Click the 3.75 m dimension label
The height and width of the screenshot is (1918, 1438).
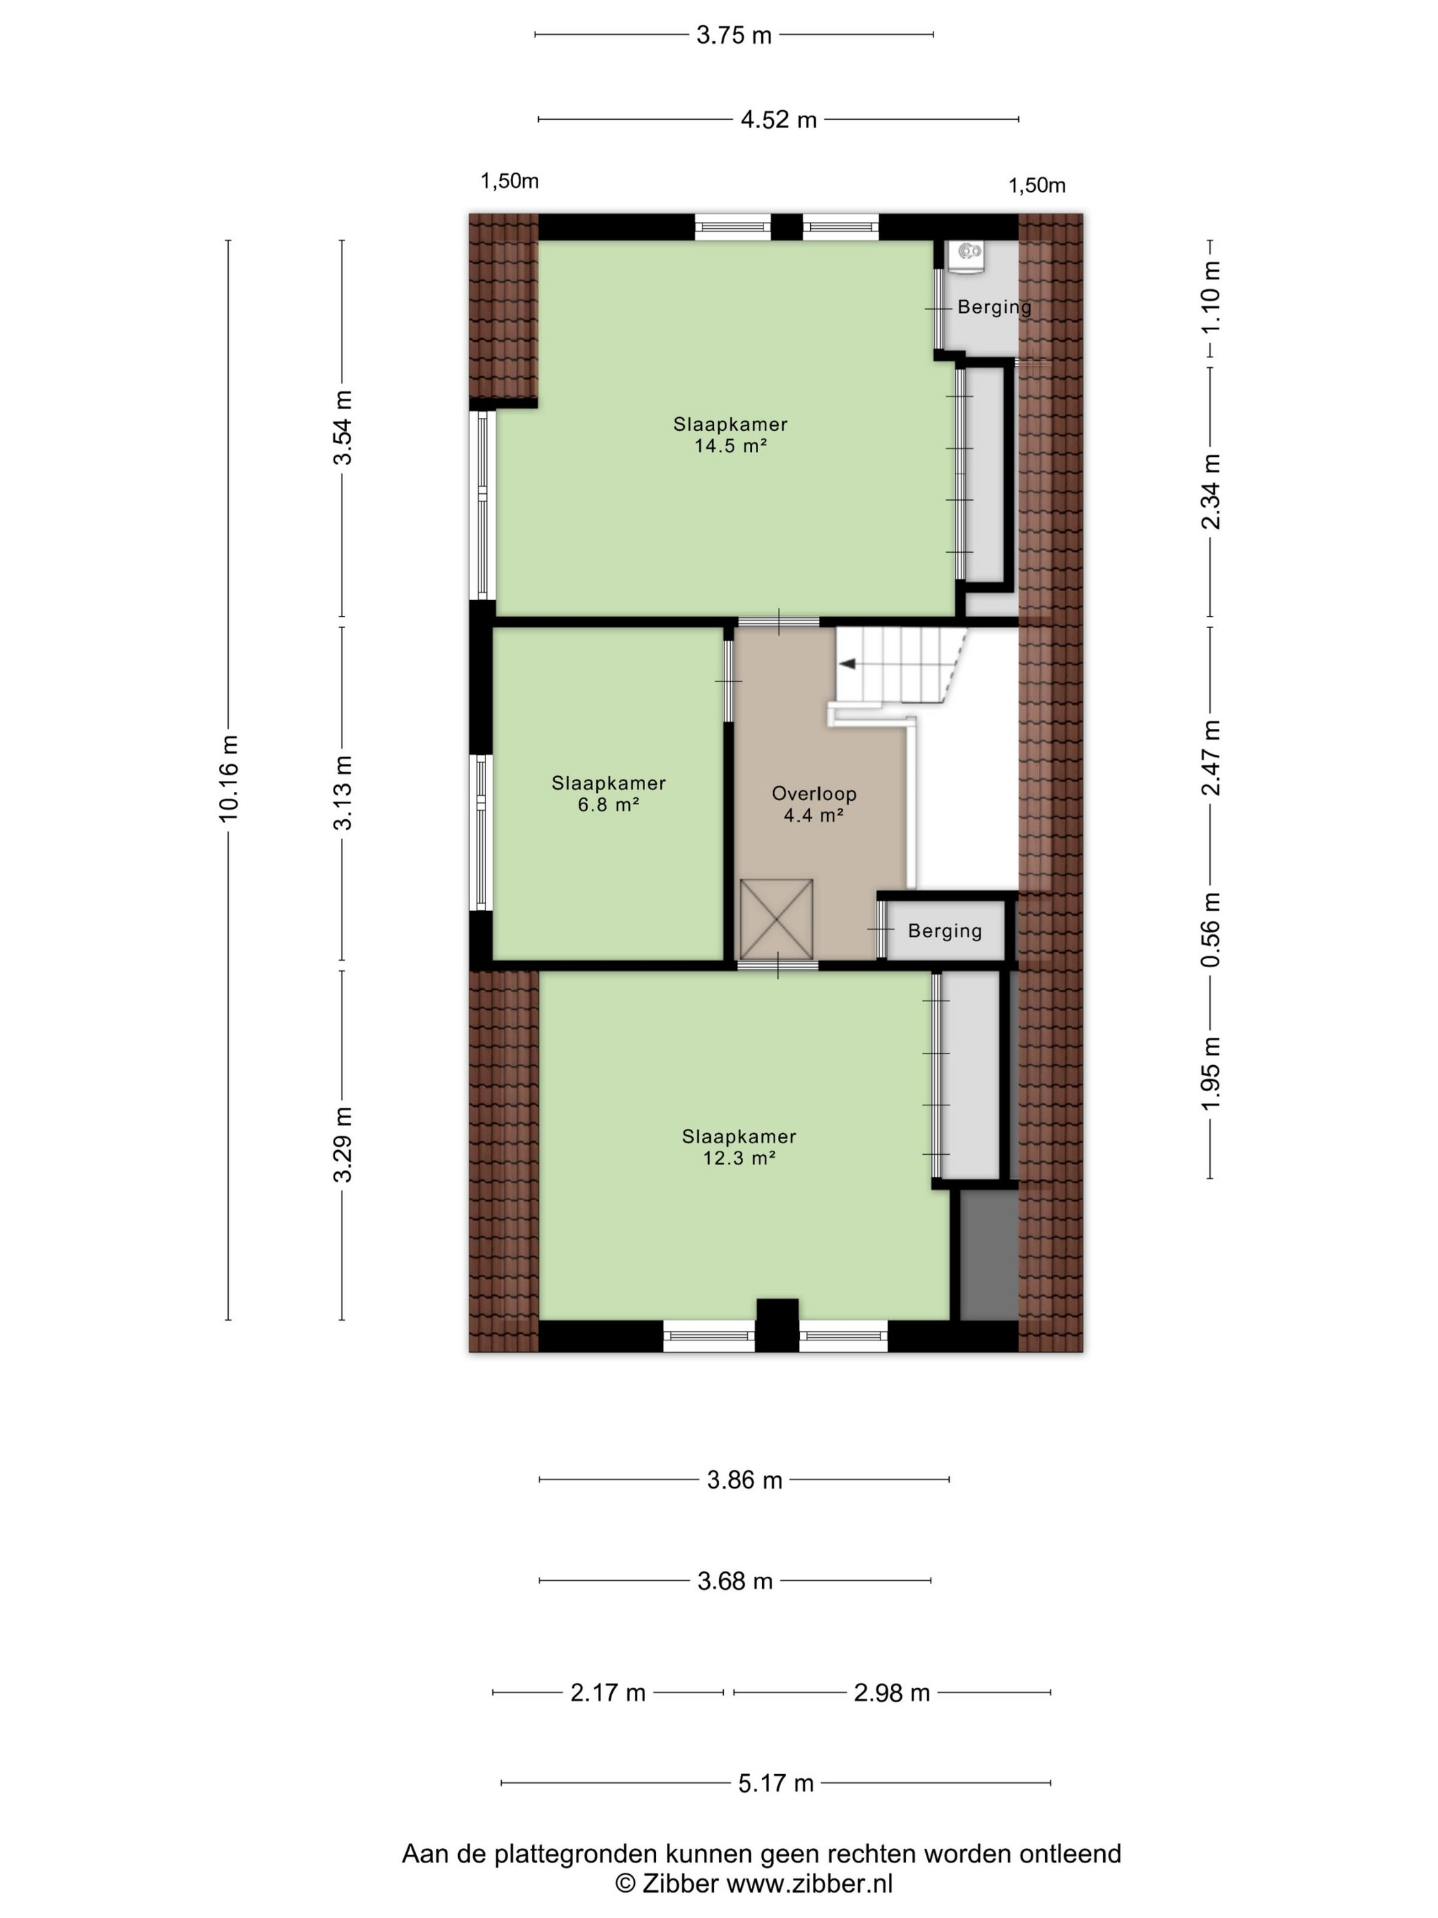733,36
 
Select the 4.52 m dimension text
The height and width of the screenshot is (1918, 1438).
779,120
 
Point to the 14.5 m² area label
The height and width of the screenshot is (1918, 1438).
731,447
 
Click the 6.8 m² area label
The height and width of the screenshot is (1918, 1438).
609,805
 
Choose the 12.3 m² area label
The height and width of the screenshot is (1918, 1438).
738,1158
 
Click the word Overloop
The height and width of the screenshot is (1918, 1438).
814,793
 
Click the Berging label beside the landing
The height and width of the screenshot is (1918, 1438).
945,931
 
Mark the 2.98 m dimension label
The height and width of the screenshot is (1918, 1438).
892,1692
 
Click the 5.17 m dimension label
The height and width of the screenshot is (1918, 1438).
776,1783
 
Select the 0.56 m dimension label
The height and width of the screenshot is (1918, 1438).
1211,930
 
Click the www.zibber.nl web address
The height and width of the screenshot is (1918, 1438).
809,1883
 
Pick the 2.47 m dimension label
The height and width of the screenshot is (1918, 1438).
1211,757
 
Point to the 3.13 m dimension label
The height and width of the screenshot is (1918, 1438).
343,793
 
